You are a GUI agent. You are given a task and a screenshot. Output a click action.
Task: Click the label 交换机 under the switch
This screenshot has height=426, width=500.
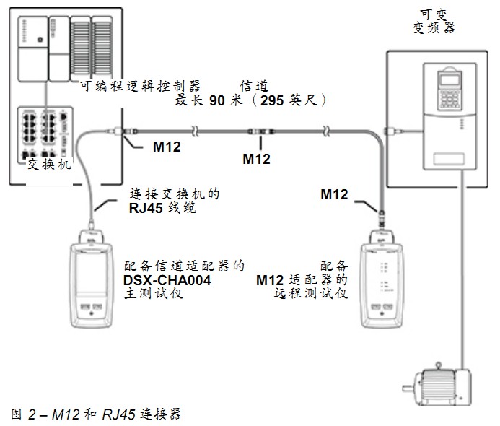click(x=49, y=165)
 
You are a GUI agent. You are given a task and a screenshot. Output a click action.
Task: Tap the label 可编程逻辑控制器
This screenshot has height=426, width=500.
click(x=140, y=86)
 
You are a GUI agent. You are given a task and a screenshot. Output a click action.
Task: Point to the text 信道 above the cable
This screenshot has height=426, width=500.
click(x=254, y=86)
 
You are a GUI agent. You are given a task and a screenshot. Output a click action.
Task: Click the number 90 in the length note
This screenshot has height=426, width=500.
click(x=217, y=100)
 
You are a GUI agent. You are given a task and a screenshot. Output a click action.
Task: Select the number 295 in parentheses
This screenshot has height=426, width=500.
click(x=272, y=100)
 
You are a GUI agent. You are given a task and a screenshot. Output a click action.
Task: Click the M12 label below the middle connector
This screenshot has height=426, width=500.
click(x=256, y=159)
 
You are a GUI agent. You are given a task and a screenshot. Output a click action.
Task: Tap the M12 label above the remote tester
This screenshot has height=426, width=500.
click(x=334, y=194)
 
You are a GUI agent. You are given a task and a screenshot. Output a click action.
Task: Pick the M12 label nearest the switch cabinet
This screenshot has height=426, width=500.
click(x=167, y=147)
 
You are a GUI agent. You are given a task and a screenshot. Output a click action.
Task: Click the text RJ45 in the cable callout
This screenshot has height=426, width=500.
click(x=146, y=208)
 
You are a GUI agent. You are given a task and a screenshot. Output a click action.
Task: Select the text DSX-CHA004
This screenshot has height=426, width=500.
click(x=167, y=280)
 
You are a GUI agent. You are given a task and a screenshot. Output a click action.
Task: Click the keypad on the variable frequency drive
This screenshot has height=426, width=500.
click(x=449, y=99)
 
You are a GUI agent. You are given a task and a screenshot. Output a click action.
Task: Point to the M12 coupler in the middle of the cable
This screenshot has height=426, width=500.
click(x=261, y=131)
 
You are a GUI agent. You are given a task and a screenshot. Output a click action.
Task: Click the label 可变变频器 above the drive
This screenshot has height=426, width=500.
click(x=434, y=22)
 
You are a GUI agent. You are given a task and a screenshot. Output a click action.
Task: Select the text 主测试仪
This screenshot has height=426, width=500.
click(x=154, y=293)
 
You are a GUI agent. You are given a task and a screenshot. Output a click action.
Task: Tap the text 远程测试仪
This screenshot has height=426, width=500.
click(x=310, y=293)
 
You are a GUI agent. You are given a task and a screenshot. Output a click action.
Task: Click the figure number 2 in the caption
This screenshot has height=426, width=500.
click(x=32, y=414)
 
